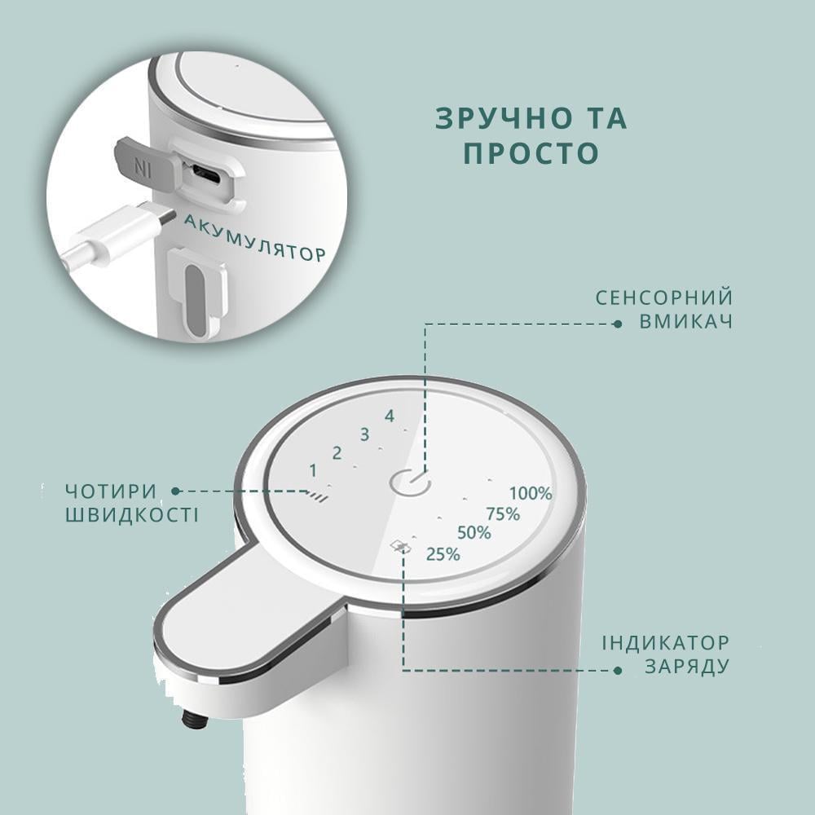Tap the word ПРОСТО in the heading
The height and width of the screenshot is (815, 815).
(531, 153)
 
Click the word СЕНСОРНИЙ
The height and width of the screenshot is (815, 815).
(664, 297)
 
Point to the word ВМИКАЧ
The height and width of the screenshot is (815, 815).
(686, 321)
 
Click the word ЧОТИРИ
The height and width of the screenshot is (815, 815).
(111, 491)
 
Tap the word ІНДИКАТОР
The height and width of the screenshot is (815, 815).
(666, 643)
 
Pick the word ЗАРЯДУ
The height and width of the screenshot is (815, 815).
(687, 666)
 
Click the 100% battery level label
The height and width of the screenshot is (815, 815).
(531, 493)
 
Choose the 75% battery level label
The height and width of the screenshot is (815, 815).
(503, 514)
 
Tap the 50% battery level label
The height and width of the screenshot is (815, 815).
(474, 533)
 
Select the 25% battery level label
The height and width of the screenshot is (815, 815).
(443, 554)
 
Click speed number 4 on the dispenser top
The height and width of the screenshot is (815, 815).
(390, 416)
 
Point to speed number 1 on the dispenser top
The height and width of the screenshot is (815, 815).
(313, 470)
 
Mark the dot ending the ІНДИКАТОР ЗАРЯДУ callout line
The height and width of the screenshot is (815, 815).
(618, 671)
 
